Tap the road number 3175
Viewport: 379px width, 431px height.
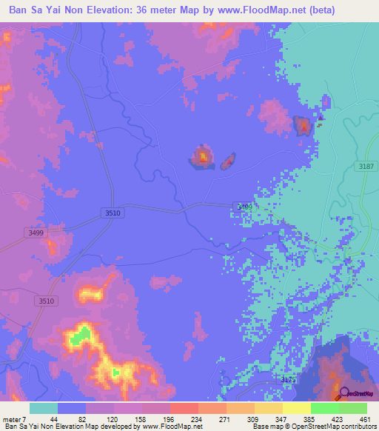click(x=288, y=379)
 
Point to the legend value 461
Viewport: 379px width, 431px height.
click(x=364, y=420)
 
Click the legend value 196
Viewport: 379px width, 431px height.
click(x=169, y=420)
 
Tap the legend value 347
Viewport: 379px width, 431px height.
click(x=281, y=420)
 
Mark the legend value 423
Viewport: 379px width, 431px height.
click(x=337, y=420)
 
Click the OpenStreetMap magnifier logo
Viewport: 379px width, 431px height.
click(x=341, y=394)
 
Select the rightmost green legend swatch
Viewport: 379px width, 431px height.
click(x=353, y=408)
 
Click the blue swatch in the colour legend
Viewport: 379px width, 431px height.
click(x=72, y=408)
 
